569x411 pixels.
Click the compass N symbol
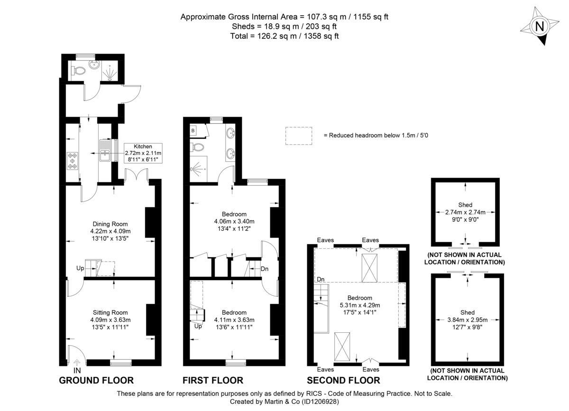(x=539, y=27)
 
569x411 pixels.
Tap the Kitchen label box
(x=143, y=153)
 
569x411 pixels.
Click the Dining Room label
(x=110, y=231)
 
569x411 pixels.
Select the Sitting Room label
(x=110, y=320)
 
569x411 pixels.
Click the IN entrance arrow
(x=77, y=364)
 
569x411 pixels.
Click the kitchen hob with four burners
(x=73, y=160)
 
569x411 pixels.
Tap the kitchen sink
(x=105, y=151)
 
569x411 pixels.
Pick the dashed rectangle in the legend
(x=299, y=135)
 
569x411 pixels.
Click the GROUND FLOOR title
(x=96, y=380)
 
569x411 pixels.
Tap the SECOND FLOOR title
(x=343, y=380)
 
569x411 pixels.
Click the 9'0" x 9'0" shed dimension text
(x=465, y=220)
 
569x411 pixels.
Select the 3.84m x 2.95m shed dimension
(x=468, y=320)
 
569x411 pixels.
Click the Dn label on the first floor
(x=265, y=269)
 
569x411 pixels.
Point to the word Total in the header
(x=240, y=36)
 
